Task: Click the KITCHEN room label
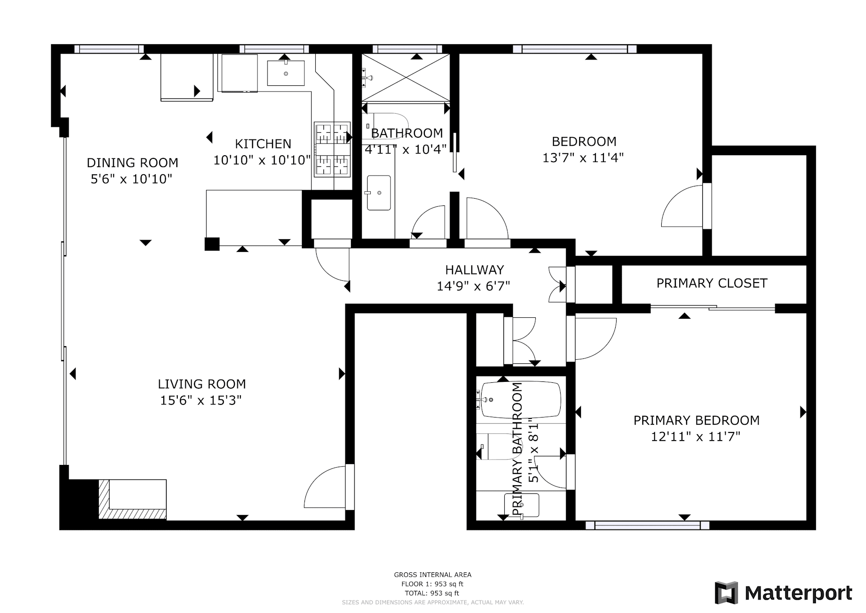pyautogui.click(x=263, y=144)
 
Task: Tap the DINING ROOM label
pyautogui.click(x=132, y=163)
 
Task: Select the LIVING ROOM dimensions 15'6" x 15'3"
pyautogui.click(x=201, y=400)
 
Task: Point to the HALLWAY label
pyautogui.click(x=474, y=270)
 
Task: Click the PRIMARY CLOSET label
pyautogui.click(x=712, y=283)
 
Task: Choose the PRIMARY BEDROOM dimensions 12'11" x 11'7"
pyautogui.click(x=696, y=437)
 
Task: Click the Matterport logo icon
pyautogui.click(x=726, y=593)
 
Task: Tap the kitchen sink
pyautogui.click(x=286, y=73)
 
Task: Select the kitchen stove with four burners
pyautogui.click(x=332, y=149)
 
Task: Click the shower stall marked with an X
pyautogui.click(x=406, y=78)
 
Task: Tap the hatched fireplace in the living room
pyautogui.click(x=133, y=499)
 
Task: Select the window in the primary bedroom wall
pyautogui.click(x=647, y=525)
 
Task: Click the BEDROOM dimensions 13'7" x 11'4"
pyautogui.click(x=583, y=158)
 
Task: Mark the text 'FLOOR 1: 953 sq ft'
pyautogui.click(x=433, y=584)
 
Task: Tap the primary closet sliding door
pyautogui.click(x=713, y=308)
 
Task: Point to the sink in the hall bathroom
pyautogui.click(x=379, y=193)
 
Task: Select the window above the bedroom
pyautogui.click(x=575, y=49)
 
